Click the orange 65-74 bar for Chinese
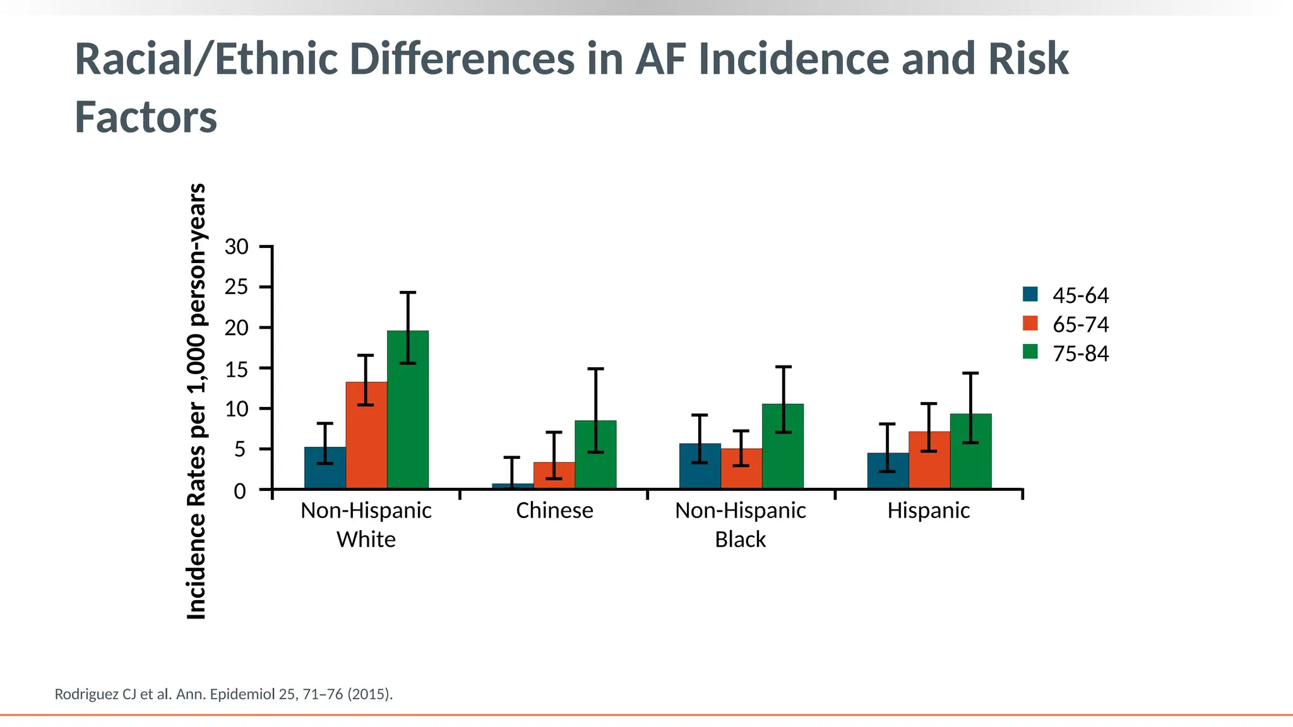(554, 476)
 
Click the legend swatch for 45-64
(1030, 294)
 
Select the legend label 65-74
(1080, 324)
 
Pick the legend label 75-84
(1080, 353)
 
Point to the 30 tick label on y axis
(237, 247)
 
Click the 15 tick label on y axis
(237, 369)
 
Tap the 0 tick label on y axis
(240, 491)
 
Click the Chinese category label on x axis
(554, 511)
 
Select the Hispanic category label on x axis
(928, 511)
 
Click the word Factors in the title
(146, 117)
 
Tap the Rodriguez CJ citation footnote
(223, 694)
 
